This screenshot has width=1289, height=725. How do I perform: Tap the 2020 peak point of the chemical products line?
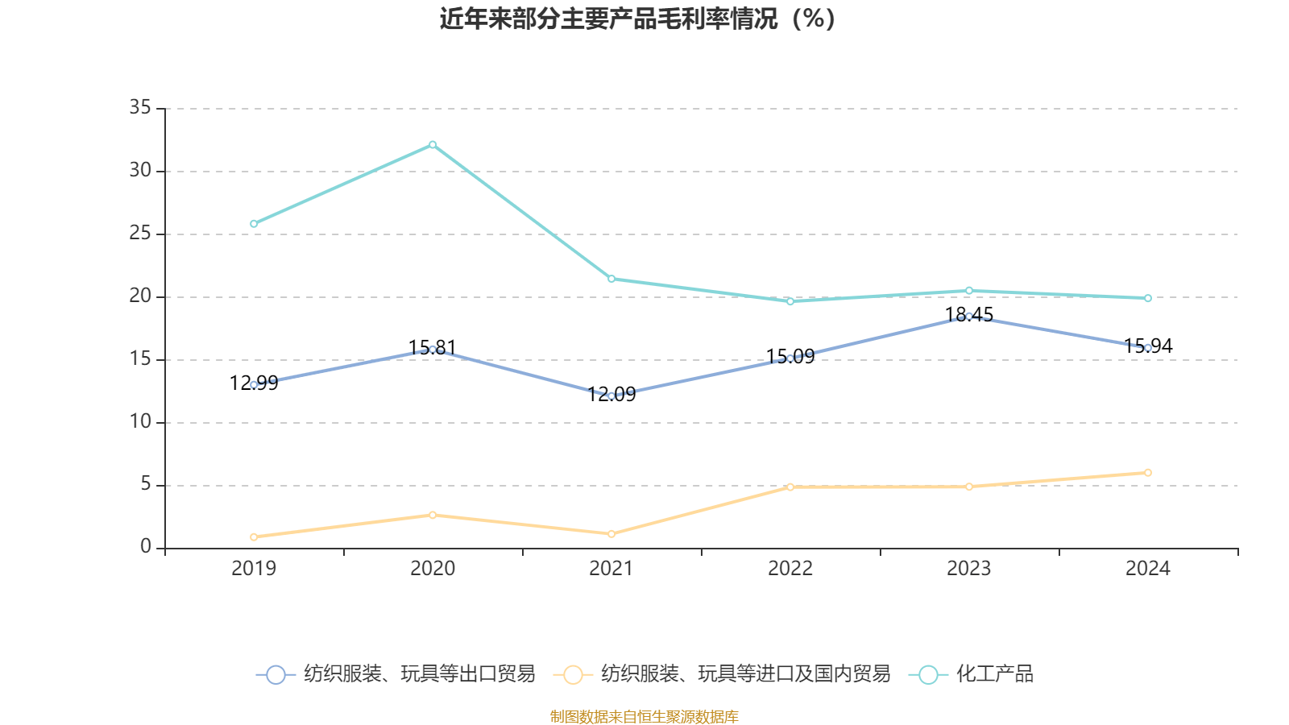coord(433,144)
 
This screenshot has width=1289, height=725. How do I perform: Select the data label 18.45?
coord(968,314)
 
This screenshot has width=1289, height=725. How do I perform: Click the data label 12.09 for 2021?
coord(611,394)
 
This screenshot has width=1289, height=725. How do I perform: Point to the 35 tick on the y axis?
coord(140,107)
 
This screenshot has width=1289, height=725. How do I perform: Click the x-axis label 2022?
coord(790,569)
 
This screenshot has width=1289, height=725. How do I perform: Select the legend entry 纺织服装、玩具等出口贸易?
coord(397,674)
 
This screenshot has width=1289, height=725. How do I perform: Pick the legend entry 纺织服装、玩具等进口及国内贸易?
coord(723,674)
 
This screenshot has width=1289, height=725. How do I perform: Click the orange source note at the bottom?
coord(644,716)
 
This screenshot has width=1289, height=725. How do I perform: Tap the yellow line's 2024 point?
coord(1148,473)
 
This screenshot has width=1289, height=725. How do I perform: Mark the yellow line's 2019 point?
coord(254,536)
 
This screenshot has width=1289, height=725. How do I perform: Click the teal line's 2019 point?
coord(254,224)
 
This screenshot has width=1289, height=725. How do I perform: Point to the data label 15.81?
coord(433,347)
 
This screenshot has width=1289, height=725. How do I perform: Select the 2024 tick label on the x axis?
coord(1148,569)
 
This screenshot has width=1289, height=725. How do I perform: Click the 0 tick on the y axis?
coord(145,547)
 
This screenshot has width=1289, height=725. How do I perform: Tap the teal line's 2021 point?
coord(611,279)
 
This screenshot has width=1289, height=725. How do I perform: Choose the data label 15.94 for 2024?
coord(1148,346)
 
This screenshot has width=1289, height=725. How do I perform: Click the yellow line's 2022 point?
coord(790,487)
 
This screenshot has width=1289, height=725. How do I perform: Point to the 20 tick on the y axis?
coord(140,296)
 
